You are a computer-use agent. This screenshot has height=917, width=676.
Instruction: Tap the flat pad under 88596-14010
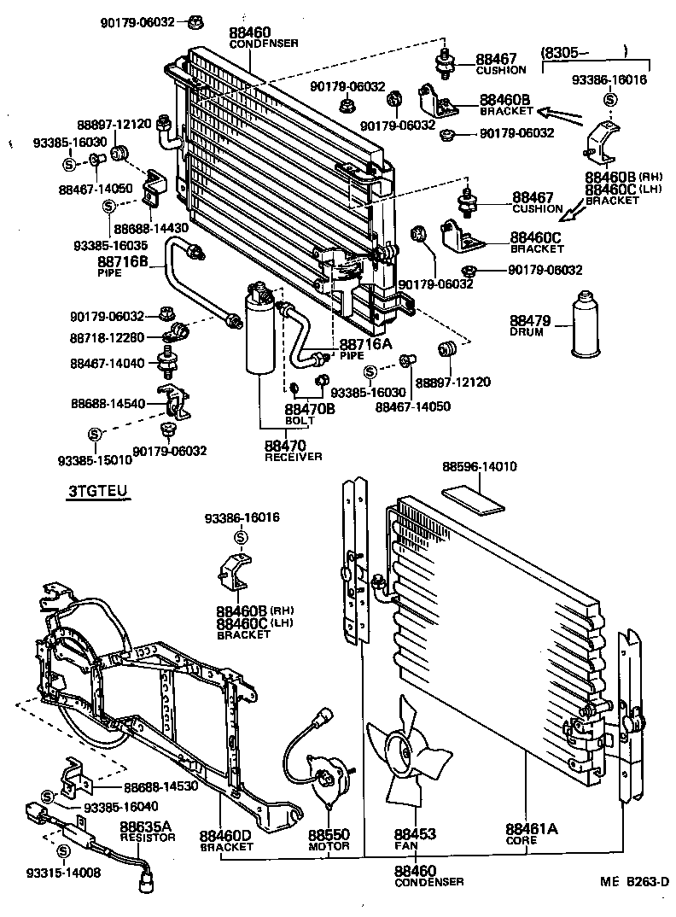[x=477, y=498]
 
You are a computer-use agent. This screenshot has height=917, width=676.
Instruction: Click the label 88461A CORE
[x=531, y=833]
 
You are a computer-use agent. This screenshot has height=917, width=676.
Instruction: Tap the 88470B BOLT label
[x=310, y=414]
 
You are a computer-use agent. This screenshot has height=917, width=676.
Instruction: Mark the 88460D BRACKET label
[x=226, y=840]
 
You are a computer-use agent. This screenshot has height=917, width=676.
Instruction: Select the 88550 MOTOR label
[x=329, y=839]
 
